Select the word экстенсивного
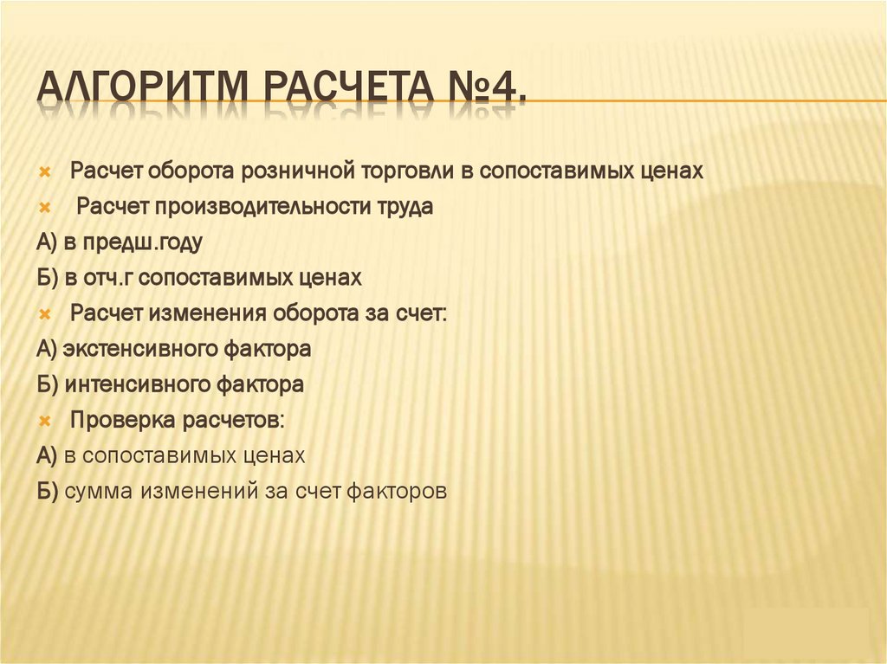pyautogui.click(x=151, y=350)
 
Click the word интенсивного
pyautogui.click(x=147, y=384)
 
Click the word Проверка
pyautogui.click(x=123, y=420)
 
